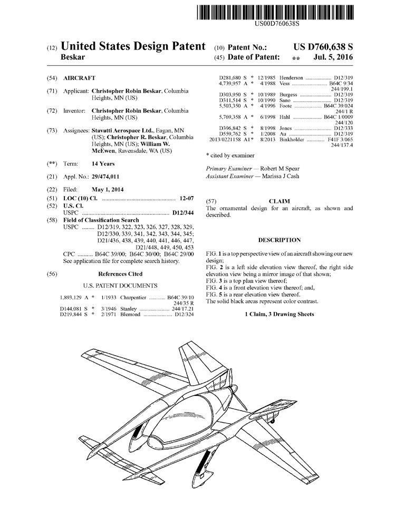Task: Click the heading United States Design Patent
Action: click(x=133, y=46)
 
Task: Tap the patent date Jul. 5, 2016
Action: click(x=333, y=57)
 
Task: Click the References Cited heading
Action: click(x=120, y=274)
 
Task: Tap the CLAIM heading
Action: click(x=279, y=201)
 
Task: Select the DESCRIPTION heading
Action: click(x=279, y=240)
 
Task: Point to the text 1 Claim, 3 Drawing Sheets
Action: click(x=279, y=314)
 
